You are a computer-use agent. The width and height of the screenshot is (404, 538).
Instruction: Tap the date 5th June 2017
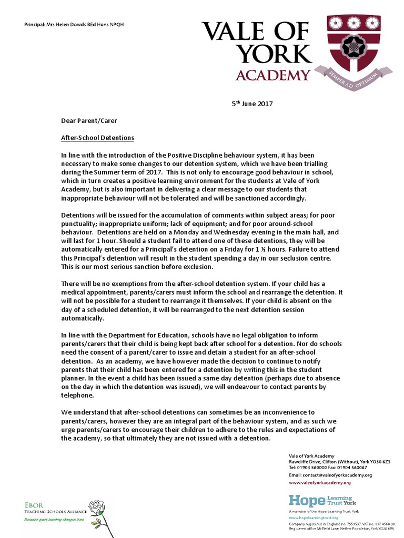click(252, 104)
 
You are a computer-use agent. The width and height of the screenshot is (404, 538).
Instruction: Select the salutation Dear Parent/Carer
click(86, 120)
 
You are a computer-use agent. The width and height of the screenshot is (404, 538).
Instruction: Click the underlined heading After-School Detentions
click(98, 138)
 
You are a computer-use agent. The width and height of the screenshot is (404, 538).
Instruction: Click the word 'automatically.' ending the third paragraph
click(83, 318)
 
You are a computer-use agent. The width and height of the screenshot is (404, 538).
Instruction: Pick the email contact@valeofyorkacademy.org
click(330, 475)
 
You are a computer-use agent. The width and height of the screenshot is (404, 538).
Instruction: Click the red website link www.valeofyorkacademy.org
click(319, 482)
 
